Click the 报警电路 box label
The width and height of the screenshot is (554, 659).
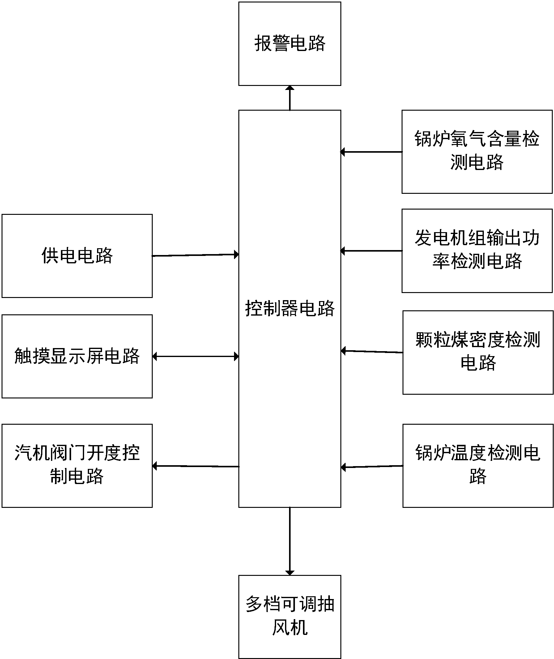pyautogui.click(x=290, y=43)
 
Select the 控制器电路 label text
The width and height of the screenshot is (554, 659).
pyautogui.click(x=290, y=308)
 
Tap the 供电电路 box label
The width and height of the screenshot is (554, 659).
pyautogui.click(x=77, y=256)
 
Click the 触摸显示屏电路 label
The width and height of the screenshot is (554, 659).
pyautogui.click(x=77, y=356)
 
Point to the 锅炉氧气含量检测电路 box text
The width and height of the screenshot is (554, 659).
pyautogui.click(x=477, y=151)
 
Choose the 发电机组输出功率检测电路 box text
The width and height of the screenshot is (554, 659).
pyautogui.click(x=477, y=249)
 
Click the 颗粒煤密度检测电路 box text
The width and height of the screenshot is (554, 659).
pyautogui.click(x=478, y=351)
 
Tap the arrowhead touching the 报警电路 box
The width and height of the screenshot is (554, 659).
pyautogui.click(x=290, y=88)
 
